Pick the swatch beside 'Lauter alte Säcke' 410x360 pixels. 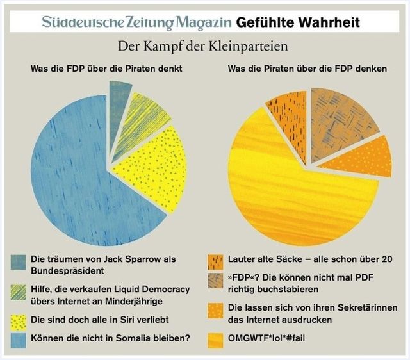tap(216, 261)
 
